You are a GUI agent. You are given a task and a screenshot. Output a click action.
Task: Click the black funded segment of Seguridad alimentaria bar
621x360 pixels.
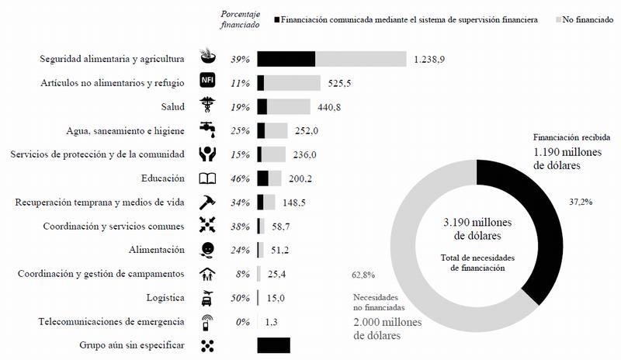(x=286, y=59)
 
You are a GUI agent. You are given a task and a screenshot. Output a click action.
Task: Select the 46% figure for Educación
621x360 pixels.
(x=240, y=178)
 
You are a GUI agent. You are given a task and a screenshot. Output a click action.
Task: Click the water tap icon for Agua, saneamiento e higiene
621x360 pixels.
(x=207, y=130)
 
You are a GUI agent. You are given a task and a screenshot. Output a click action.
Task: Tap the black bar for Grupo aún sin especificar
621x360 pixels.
(x=272, y=346)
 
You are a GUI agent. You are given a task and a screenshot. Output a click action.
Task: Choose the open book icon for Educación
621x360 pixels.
(x=207, y=178)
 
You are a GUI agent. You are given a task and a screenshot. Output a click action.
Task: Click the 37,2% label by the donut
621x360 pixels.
(x=581, y=202)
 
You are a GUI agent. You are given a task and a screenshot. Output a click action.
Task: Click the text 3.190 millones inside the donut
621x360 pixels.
(x=477, y=223)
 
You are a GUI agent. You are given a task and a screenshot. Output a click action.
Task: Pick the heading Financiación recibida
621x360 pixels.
(x=565, y=135)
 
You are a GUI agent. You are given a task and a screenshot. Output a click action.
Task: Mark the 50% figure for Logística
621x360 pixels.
(x=240, y=298)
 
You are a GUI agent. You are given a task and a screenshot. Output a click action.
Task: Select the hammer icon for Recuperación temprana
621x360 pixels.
(x=207, y=202)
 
